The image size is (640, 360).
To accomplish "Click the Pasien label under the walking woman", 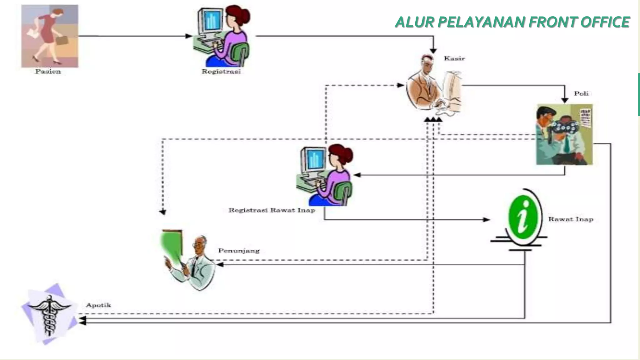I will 48,72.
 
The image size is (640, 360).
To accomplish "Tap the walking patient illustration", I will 50,36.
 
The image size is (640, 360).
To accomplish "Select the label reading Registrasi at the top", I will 221,72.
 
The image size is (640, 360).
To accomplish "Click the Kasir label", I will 454,58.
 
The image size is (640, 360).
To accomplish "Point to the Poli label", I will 581,93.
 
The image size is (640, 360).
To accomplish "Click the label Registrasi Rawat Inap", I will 272,210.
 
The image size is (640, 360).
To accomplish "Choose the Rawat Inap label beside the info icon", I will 571,219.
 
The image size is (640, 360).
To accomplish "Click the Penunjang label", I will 239,251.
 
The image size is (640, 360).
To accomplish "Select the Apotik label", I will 98,305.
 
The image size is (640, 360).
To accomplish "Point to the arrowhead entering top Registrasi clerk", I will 189,36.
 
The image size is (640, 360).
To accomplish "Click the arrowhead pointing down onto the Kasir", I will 433,51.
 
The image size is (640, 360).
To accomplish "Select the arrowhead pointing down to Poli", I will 564,100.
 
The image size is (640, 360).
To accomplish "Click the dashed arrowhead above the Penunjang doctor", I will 162,212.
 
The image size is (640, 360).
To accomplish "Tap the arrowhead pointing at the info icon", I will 486,220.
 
